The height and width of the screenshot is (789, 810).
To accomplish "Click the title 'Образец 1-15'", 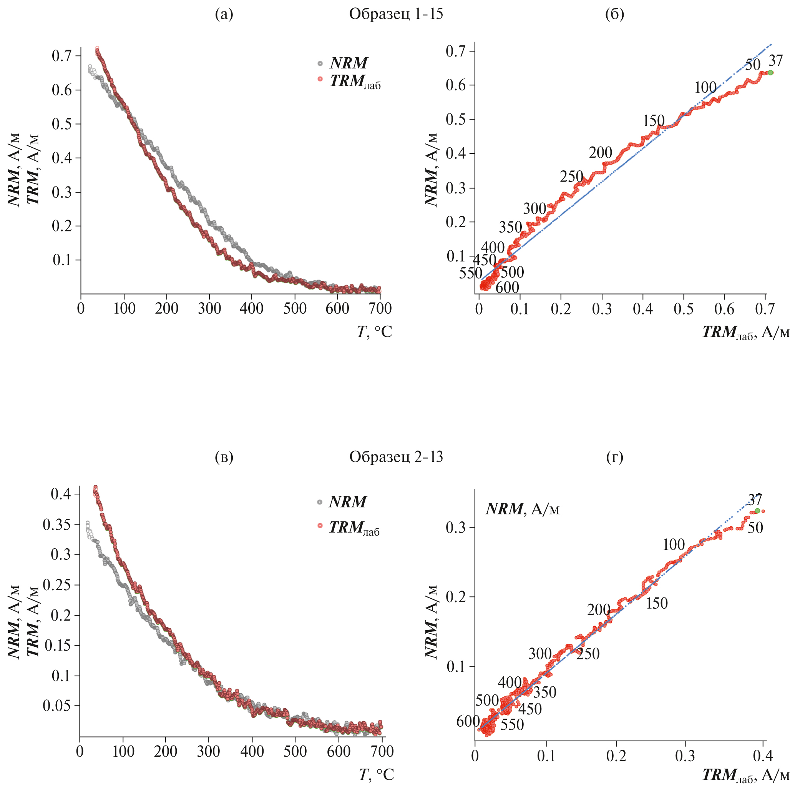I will (396, 14).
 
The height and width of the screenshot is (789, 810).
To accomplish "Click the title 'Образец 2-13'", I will (396, 457).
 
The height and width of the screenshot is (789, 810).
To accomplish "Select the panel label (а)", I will (224, 14).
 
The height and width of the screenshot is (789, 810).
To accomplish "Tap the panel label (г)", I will (614, 457).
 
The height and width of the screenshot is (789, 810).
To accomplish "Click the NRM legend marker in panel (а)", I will (320, 63).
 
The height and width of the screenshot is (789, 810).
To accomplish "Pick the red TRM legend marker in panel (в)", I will (319, 526).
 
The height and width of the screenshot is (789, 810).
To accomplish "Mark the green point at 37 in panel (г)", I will (757, 511).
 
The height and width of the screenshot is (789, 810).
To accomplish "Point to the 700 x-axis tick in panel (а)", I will (380, 309).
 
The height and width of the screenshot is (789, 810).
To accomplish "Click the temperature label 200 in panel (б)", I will (601, 153).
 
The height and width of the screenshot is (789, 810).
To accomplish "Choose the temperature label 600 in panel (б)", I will (507, 288).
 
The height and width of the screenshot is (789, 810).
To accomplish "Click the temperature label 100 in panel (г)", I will (674, 544).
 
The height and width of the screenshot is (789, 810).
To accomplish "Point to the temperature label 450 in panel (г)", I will (530, 709).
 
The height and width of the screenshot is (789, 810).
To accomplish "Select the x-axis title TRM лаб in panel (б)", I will (746, 332).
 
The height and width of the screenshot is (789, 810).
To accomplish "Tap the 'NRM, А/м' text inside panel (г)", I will (523, 509).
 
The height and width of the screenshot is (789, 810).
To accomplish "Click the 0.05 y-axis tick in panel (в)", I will (57, 705).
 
